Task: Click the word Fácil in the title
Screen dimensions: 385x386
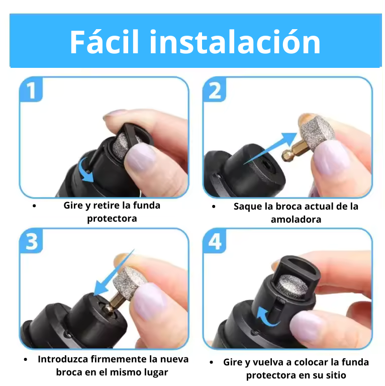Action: coord(105,41)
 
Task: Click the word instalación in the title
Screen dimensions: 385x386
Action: coord(235,42)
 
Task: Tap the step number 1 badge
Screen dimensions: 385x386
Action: coord(31,89)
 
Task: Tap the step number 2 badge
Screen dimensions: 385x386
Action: coord(215,89)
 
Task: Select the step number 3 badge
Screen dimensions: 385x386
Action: coord(31,241)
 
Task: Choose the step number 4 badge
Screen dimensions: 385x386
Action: coord(215,241)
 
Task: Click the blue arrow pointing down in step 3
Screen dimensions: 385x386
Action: coord(114,272)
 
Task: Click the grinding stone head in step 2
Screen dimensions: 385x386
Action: coord(318,133)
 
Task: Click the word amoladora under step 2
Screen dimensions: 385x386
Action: coord(296,219)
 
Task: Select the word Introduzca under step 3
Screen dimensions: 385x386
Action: coord(63,359)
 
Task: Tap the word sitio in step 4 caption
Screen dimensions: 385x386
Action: coord(336,375)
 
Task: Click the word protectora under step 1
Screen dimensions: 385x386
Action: coord(112,219)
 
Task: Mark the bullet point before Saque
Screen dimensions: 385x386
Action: coord(214,207)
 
